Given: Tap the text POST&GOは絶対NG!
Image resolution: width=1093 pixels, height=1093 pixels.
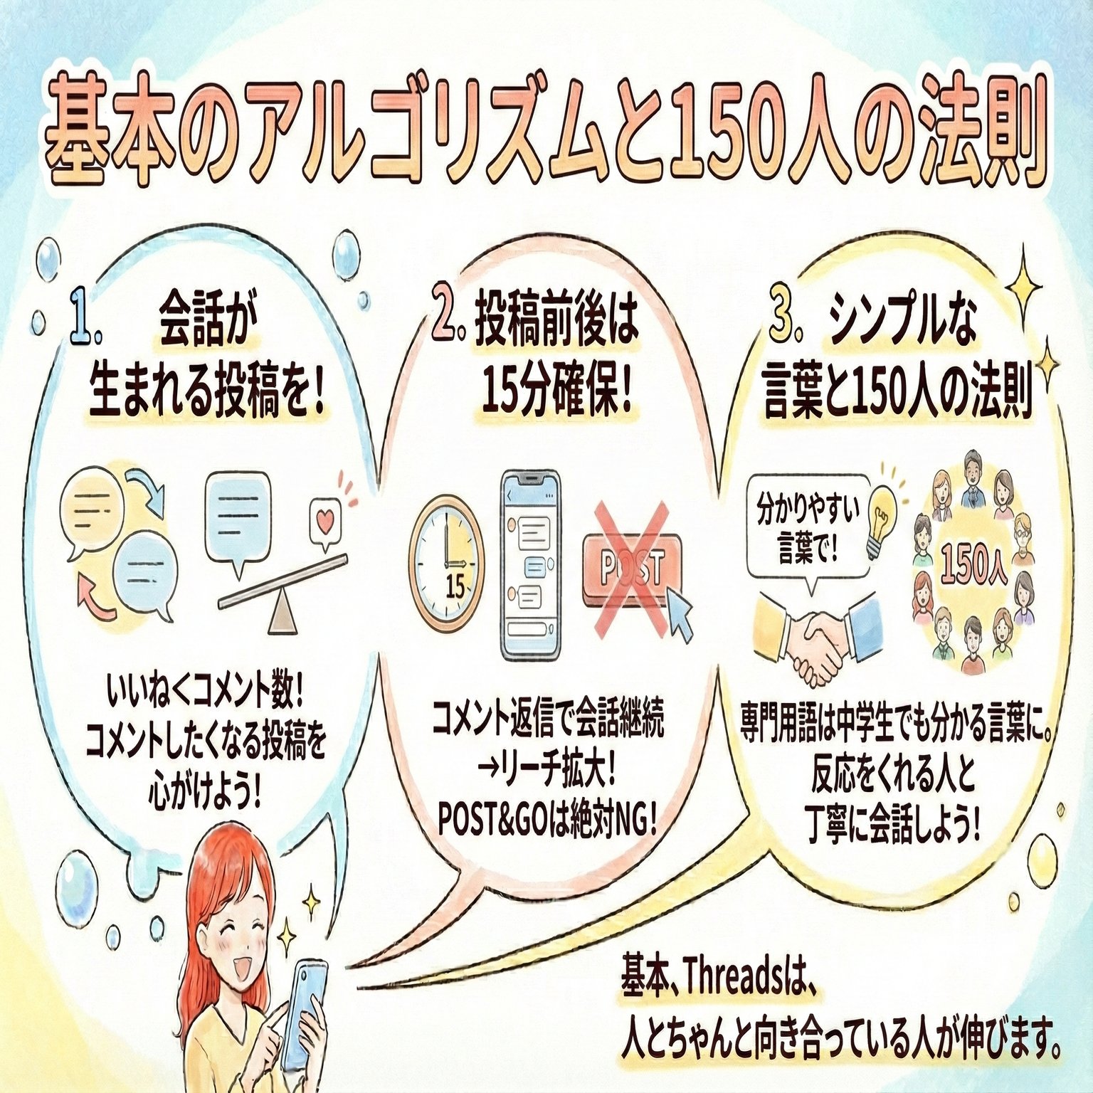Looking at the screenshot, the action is click(x=548, y=822).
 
